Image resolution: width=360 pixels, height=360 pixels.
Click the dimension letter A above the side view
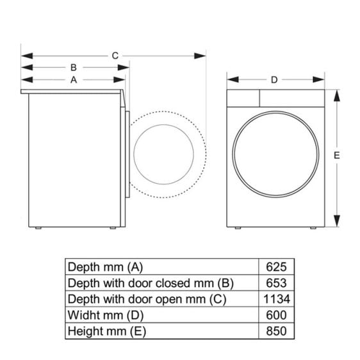(74, 80)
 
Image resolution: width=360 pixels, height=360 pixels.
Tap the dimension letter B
(74, 67)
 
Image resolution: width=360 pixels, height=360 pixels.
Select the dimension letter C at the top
(115, 56)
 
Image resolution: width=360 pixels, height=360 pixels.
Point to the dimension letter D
(274, 80)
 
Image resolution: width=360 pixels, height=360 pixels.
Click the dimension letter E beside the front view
(336, 156)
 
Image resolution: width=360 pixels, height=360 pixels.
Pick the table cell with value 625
(275, 266)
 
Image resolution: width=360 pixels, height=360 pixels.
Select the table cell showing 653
(275, 282)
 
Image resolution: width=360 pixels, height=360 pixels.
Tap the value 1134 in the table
(275, 299)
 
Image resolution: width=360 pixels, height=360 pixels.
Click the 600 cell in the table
(275, 315)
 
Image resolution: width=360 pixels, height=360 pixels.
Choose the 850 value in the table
(275, 331)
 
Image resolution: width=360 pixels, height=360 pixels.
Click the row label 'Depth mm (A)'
(106, 266)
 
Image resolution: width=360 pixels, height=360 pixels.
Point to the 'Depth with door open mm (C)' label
(146, 299)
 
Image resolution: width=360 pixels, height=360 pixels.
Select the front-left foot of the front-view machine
(238, 227)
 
